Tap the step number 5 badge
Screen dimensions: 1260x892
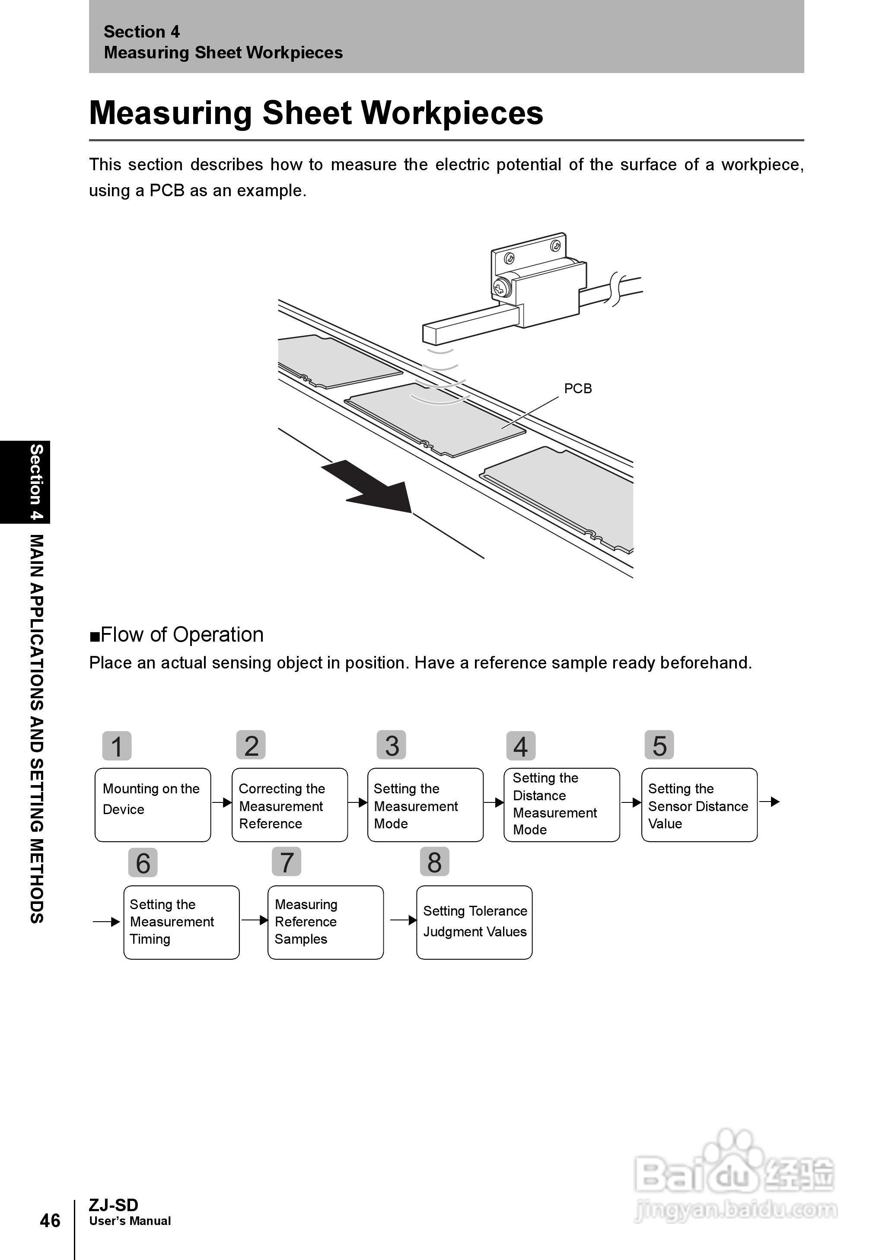click(x=659, y=745)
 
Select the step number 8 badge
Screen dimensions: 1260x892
click(x=434, y=862)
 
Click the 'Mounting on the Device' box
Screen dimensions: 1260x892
click(x=153, y=804)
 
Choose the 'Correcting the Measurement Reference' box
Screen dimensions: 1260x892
click(x=290, y=804)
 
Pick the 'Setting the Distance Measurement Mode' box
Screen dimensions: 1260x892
click(x=561, y=804)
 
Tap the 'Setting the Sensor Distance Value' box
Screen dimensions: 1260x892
click(x=699, y=804)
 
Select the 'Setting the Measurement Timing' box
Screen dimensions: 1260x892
click(x=181, y=922)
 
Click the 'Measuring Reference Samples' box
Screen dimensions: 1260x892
click(x=325, y=922)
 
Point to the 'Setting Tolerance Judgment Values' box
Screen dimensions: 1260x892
click(x=474, y=922)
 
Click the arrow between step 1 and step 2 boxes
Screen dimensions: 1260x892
click(x=221, y=803)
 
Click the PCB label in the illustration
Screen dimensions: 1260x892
click(x=578, y=388)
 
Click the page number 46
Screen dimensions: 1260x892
click(x=50, y=1220)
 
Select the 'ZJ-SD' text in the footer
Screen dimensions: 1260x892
click(x=114, y=1205)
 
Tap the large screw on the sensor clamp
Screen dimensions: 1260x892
click(x=501, y=286)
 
